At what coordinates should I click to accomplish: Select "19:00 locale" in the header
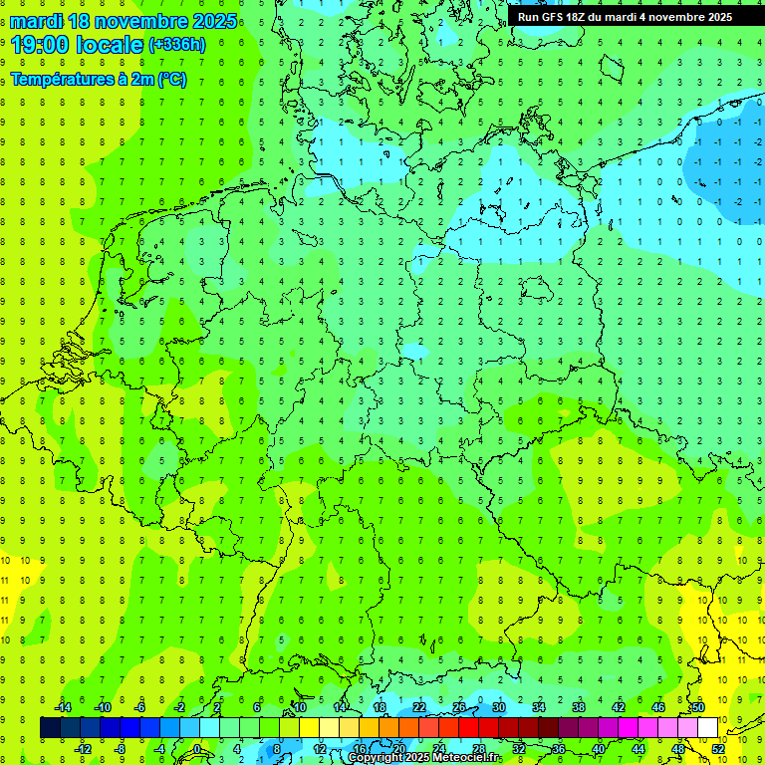77,44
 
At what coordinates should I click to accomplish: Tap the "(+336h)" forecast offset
176,44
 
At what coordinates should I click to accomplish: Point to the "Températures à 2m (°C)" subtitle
98,80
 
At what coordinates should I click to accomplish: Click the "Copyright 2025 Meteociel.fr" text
423,758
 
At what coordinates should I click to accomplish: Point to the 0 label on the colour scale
196,749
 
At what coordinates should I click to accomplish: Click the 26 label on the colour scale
459,707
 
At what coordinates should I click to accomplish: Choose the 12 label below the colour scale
319,749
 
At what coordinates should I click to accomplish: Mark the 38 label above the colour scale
579,707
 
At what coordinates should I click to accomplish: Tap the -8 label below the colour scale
122,749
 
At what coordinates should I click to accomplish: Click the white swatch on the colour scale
707,727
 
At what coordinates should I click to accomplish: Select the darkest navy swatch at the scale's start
50,727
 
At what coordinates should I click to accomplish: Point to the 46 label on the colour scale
658,707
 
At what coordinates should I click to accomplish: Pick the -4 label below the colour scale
160,749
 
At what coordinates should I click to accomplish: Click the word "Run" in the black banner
529,17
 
